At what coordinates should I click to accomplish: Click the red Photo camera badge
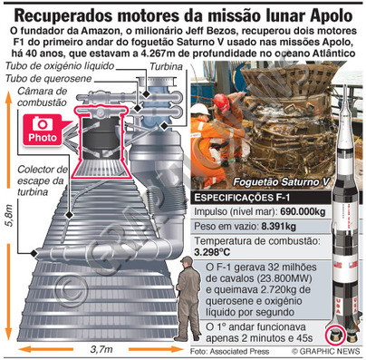43,130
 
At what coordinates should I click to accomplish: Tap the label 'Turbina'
167,66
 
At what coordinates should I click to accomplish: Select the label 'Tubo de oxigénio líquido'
60,66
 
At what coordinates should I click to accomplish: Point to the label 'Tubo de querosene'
48,79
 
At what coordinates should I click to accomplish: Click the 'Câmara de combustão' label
42,97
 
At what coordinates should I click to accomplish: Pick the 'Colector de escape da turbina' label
42,180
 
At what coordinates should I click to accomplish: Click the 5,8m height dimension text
9,216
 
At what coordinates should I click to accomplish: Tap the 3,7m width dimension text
101,349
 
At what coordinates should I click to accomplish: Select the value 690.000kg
303,211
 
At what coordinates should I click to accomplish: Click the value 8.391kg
278,227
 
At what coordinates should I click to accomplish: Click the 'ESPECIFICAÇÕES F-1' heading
242,198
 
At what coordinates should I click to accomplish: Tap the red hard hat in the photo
222,102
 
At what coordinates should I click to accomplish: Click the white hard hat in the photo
200,110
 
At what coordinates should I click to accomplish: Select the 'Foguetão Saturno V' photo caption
281,182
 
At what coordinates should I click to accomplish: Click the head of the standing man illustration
187,262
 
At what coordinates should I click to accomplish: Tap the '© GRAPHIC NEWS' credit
326,351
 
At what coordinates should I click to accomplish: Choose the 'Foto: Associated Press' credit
229,351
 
